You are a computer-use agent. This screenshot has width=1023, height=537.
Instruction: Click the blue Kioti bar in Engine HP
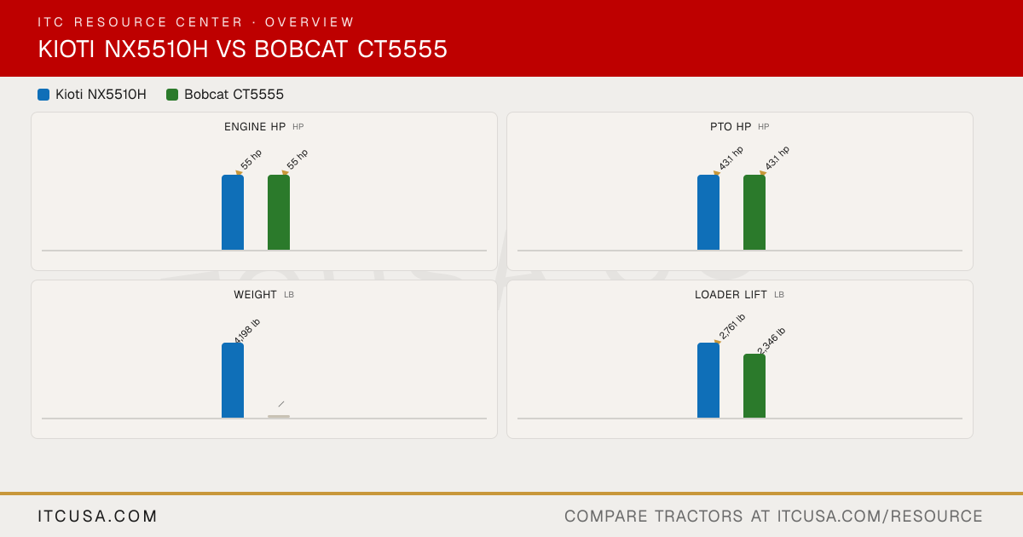click(x=233, y=212)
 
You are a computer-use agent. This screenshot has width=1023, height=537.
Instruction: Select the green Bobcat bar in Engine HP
click(x=279, y=212)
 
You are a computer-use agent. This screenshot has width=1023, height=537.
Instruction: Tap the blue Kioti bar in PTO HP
click(x=708, y=212)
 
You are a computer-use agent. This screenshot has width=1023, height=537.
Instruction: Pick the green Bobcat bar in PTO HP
click(x=754, y=212)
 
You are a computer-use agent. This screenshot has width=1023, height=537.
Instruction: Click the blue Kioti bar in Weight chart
click(x=233, y=380)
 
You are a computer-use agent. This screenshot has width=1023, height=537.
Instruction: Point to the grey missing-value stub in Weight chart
click(x=279, y=417)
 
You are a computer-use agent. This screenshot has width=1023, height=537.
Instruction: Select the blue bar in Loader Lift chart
click(x=708, y=380)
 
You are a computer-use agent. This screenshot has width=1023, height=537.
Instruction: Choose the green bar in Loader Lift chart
click(x=754, y=386)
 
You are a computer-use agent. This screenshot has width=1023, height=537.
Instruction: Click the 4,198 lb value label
click(x=247, y=331)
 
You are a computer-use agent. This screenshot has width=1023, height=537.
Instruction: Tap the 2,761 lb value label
click(x=732, y=326)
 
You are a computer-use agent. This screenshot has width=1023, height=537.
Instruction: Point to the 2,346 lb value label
click(x=772, y=341)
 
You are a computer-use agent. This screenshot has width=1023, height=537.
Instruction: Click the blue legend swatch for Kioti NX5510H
click(x=43, y=95)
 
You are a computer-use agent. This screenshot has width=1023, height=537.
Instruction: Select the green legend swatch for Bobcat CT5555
click(x=172, y=95)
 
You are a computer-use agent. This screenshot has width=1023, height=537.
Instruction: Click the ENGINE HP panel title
click(x=255, y=127)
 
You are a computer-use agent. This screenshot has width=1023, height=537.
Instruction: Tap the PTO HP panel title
click(x=731, y=127)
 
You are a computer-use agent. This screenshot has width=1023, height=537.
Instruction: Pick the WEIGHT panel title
click(x=255, y=295)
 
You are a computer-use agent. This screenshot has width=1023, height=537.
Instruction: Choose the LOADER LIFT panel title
click(x=731, y=295)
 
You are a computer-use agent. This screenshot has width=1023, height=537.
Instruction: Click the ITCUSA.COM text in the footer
click(x=97, y=516)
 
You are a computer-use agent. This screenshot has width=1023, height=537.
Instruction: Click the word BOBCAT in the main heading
click(x=301, y=49)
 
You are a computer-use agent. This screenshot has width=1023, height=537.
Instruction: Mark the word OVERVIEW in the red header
click(x=309, y=22)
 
